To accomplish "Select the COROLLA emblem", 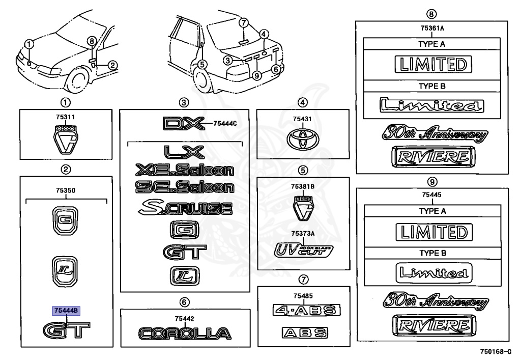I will click(x=185, y=334).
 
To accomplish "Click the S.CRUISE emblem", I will click(x=185, y=208).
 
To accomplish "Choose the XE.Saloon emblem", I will click(x=184, y=171).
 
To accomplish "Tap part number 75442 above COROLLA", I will click(x=185, y=319).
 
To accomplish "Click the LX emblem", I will click(x=184, y=152).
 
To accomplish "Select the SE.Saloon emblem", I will click(x=184, y=187).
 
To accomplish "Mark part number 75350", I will click(x=66, y=190).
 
